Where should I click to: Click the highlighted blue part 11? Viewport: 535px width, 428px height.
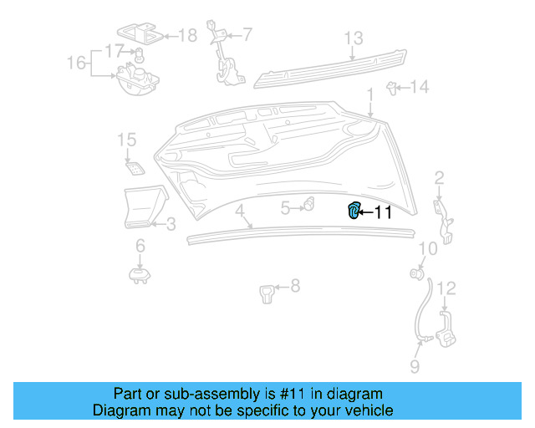pyautogui.click(x=354, y=211)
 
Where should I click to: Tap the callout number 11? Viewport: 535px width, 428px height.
pyautogui.click(x=382, y=212)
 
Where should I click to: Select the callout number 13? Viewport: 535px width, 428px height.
pyautogui.click(x=354, y=38)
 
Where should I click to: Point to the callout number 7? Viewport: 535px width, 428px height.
pyautogui.click(x=247, y=34)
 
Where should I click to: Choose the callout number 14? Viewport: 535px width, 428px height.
pyautogui.click(x=419, y=86)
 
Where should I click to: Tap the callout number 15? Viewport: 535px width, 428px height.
pyautogui.click(x=126, y=139)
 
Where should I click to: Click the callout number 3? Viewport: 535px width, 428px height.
pyautogui.click(x=170, y=224)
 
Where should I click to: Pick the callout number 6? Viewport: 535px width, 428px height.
pyautogui.click(x=140, y=245)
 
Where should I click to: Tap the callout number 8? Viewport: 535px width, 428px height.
pyautogui.click(x=294, y=287)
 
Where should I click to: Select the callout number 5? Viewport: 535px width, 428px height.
pyautogui.click(x=285, y=208)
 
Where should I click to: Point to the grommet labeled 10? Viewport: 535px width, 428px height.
pyautogui.click(x=415, y=273)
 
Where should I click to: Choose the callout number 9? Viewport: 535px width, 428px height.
pyautogui.click(x=415, y=365)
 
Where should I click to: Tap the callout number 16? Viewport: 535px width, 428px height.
pyautogui.click(x=76, y=63)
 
